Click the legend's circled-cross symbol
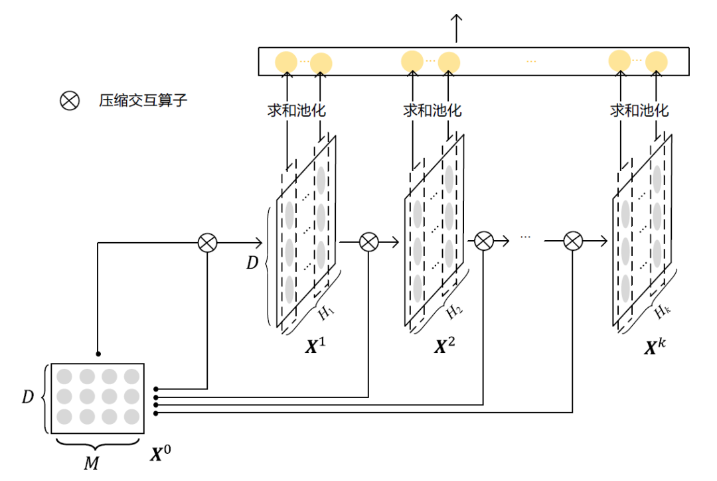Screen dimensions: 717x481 pyautogui.click(x=70, y=100)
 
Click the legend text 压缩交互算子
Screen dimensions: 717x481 pyautogui.click(x=143, y=100)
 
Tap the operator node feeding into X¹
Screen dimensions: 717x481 pyautogui.click(x=208, y=243)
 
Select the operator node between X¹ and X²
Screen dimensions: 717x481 pyautogui.click(x=369, y=242)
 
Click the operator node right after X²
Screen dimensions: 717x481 pyautogui.click(x=484, y=241)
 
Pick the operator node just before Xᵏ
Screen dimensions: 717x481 pyautogui.click(x=573, y=241)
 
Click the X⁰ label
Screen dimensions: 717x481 pyautogui.click(x=161, y=453)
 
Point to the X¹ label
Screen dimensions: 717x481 pyautogui.click(x=315, y=346)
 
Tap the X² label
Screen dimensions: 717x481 pyautogui.click(x=444, y=346)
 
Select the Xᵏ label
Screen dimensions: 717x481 pyautogui.click(x=655, y=347)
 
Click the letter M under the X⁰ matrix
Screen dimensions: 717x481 pyautogui.click(x=92, y=463)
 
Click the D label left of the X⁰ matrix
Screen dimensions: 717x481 pyautogui.click(x=28, y=397)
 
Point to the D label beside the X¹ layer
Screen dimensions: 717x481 pyautogui.click(x=252, y=263)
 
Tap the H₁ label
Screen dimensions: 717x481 pyautogui.click(x=326, y=312)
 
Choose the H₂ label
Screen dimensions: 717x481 pyautogui.click(x=454, y=312)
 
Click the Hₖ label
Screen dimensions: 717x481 pyautogui.click(x=662, y=312)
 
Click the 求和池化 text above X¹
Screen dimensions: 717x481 pyautogui.click(x=296, y=110)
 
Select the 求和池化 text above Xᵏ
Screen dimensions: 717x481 pyautogui.click(x=639, y=110)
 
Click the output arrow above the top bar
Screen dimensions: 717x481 pyautogui.click(x=456, y=29)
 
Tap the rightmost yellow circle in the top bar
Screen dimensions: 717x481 pyautogui.click(x=656, y=62)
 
